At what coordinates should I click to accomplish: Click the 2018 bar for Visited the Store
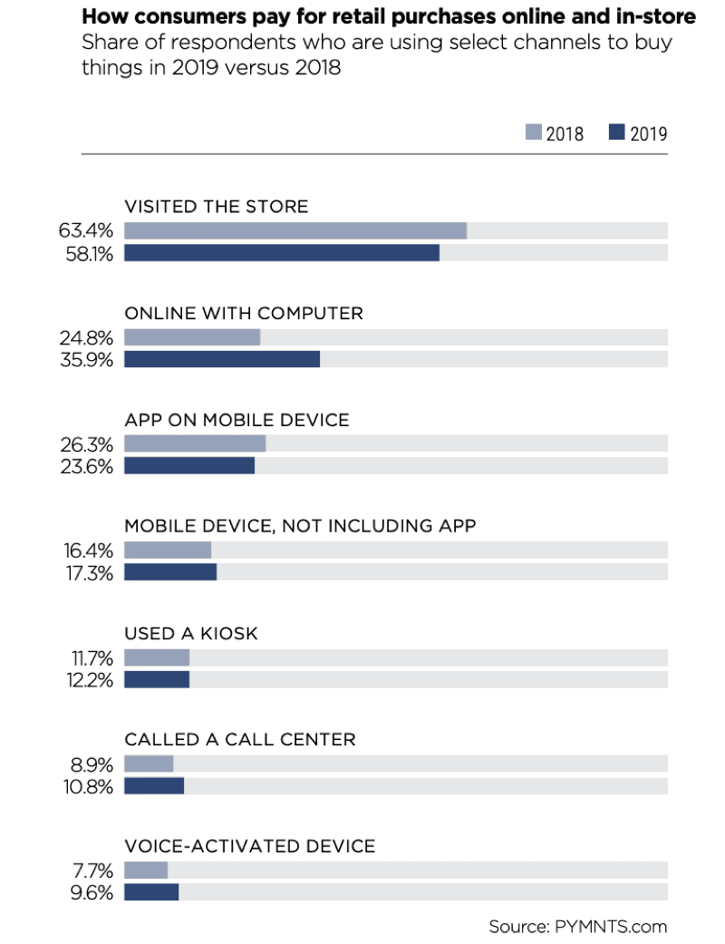pos(295,231)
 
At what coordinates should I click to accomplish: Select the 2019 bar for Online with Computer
pos(222,359)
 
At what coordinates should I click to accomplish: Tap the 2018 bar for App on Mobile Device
pos(195,443)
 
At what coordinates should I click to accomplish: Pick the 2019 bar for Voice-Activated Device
pos(151,892)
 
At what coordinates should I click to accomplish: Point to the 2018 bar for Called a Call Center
pos(149,764)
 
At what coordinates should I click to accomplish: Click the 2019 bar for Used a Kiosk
pos(157,679)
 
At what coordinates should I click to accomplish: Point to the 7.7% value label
pos(92,871)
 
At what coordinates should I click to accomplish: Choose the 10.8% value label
pos(88,786)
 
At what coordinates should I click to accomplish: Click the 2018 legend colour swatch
pos(533,133)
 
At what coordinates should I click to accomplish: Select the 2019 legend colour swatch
pos(617,133)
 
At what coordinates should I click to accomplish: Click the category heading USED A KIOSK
pos(191,634)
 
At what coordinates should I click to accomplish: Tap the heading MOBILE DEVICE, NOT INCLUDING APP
pos(300,526)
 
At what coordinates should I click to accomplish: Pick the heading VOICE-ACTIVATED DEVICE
pos(249,846)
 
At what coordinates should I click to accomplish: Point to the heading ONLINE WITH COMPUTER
pos(244,313)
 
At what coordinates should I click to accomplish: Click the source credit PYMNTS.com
pos(608,926)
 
